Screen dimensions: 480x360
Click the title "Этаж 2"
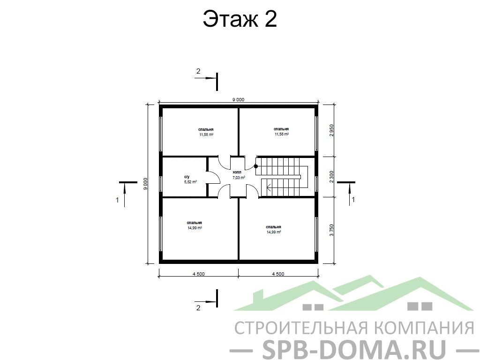[x=240, y=19]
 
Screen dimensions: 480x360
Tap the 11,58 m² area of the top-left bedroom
[x=206, y=135]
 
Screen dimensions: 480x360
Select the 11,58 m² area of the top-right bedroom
[x=282, y=134]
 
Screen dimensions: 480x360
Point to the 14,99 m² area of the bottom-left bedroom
[x=195, y=228]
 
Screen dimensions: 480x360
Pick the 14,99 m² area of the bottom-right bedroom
[x=274, y=232]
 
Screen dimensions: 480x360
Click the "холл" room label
[x=237, y=172]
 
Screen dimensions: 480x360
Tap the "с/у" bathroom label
[x=187, y=177]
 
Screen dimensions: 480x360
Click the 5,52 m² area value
[x=190, y=182]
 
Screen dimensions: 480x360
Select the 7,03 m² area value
[x=239, y=178]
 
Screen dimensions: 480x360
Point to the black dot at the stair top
[x=256, y=166]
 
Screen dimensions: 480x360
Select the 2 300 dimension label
[x=331, y=177]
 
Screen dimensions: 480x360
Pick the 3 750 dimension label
[x=331, y=230]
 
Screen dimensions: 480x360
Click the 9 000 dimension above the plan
[x=239, y=99]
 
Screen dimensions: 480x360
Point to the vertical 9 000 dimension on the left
[x=145, y=184]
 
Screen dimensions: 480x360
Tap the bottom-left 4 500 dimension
[x=199, y=274]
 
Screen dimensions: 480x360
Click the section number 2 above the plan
[x=198, y=71]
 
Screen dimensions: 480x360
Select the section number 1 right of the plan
[x=353, y=200]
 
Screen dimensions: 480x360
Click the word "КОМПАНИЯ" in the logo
[x=424, y=328]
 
